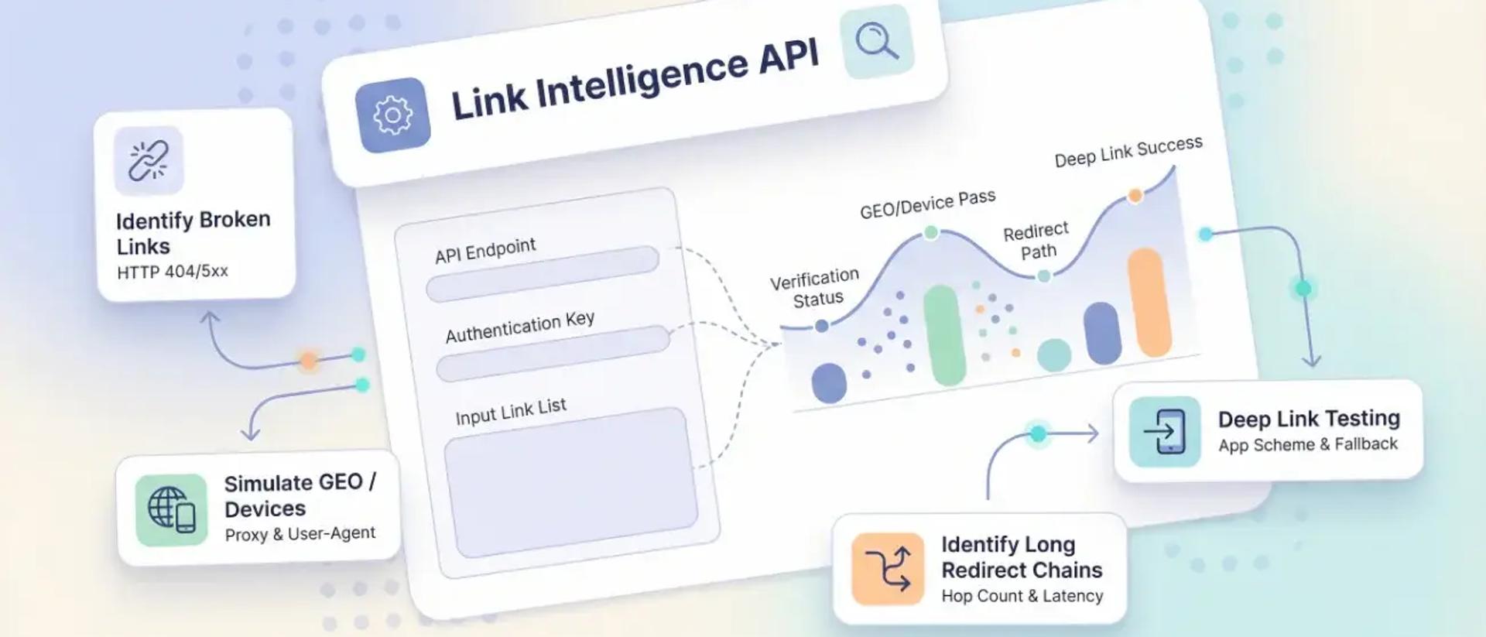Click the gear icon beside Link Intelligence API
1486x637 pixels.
click(x=392, y=115)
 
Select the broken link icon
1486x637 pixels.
click(x=149, y=160)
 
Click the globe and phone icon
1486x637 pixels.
click(x=171, y=510)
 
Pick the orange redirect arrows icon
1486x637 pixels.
click(x=888, y=569)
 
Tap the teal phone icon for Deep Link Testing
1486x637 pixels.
click(x=1165, y=432)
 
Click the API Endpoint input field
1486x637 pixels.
click(x=543, y=273)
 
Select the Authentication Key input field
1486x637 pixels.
click(x=553, y=354)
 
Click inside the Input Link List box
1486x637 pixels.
click(x=570, y=481)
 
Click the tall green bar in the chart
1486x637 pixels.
click(x=944, y=334)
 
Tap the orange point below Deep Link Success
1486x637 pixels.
click(x=1135, y=196)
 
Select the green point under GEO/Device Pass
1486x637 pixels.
click(x=931, y=232)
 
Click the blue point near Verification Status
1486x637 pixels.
click(x=822, y=326)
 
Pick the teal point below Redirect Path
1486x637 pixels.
click(x=1043, y=276)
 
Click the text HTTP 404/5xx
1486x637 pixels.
click(x=173, y=272)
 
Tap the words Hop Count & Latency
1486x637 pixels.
click(x=1022, y=596)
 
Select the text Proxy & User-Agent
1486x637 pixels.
click(x=300, y=534)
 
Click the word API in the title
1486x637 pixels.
click(x=788, y=58)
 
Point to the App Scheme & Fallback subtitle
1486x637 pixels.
click(x=1308, y=445)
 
